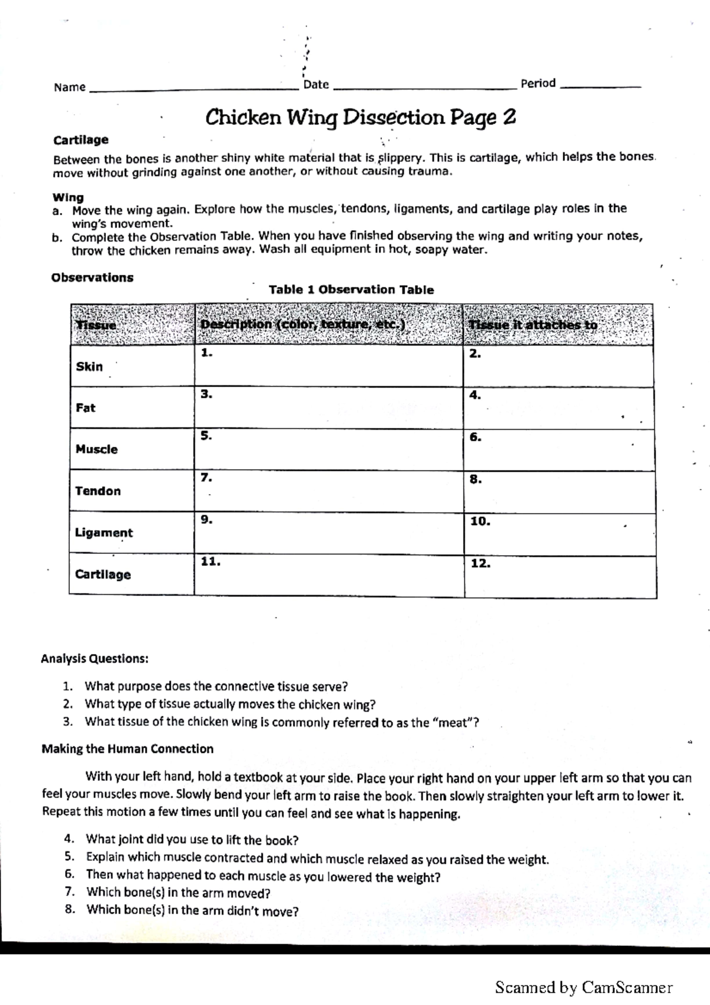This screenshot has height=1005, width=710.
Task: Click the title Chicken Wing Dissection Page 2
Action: pyautogui.click(x=360, y=117)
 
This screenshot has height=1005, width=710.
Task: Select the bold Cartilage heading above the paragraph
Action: pyautogui.click(x=81, y=140)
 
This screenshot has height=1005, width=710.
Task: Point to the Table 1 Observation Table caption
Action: pyautogui.click(x=351, y=289)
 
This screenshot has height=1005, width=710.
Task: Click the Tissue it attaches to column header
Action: pyautogui.click(x=532, y=324)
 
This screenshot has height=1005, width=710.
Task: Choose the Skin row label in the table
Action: pyautogui.click(x=89, y=366)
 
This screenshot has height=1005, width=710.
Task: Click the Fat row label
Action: pyautogui.click(x=86, y=408)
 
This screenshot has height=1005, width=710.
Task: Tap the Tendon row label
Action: pyautogui.click(x=98, y=491)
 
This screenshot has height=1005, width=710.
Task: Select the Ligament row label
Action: pyautogui.click(x=104, y=533)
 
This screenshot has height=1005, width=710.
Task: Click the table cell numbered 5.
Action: pyautogui.click(x=328, y=449)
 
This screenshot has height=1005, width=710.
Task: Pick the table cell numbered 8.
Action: pyautogui.click(x=559, y=492)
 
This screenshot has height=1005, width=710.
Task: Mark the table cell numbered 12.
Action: pyautogui.click(x=560, y=576)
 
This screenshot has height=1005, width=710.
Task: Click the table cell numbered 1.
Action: pyautogui.click(x=328, y=366)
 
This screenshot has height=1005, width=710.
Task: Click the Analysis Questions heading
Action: pyautogui.click(x=95, y=658)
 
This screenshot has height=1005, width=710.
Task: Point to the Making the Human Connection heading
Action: pyautogui.click(x=127, y=749)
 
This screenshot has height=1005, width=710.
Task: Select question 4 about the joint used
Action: pyautogui.click(x=192, y=840)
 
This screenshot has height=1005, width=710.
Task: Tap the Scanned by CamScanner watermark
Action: pyautogui.click(x=583, y=987)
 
